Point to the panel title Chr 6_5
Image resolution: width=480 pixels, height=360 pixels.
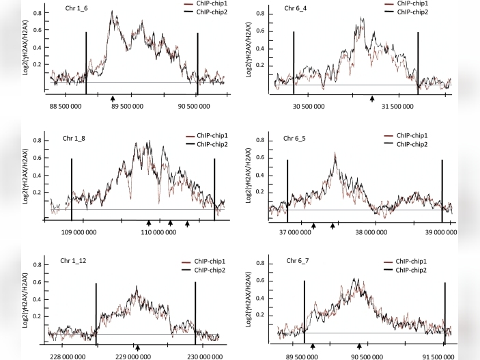[297, 139]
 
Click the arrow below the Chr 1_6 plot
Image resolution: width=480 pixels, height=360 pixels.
[112, 98]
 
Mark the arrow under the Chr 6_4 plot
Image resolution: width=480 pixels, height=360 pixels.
[372, 98]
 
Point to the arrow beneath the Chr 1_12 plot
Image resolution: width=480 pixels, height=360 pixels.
[137, 347]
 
